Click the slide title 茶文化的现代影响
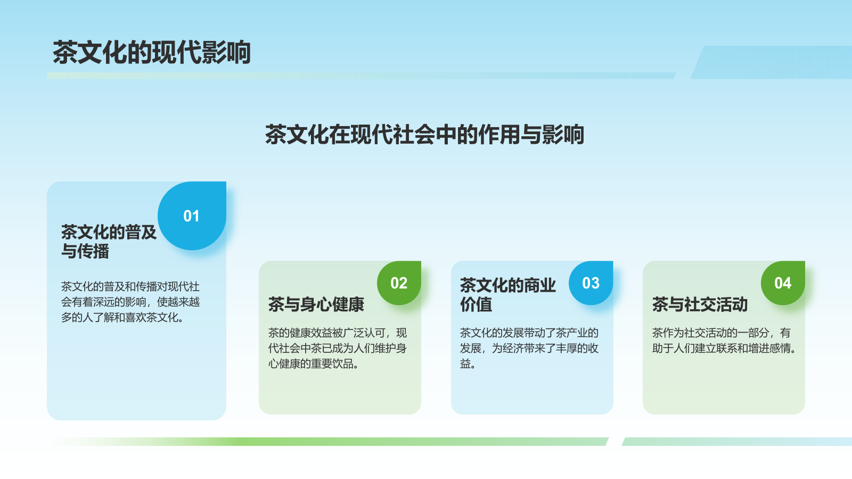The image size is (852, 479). [152, 52]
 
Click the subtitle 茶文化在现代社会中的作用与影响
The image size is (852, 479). [424, 135]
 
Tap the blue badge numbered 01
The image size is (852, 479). [192, 216]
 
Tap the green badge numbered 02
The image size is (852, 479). [399, 283]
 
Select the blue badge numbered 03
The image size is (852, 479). [591, 283]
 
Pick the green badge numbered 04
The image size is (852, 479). [782, 283]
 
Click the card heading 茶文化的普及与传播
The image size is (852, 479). [109, 241]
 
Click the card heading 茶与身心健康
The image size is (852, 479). [316, 304]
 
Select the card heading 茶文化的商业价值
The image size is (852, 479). [507, 295]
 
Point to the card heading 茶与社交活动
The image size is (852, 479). [700, 304]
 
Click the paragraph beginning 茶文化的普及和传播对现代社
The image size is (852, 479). [130, 302]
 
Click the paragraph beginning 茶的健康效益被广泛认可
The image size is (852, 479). [337, 348]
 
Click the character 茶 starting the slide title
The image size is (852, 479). [65, 52]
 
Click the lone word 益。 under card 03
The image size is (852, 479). [468, 364]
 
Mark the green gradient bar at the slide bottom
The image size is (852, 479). [330, 441]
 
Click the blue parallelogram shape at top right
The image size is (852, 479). [772, 62]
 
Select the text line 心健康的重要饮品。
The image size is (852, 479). [314, 364]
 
